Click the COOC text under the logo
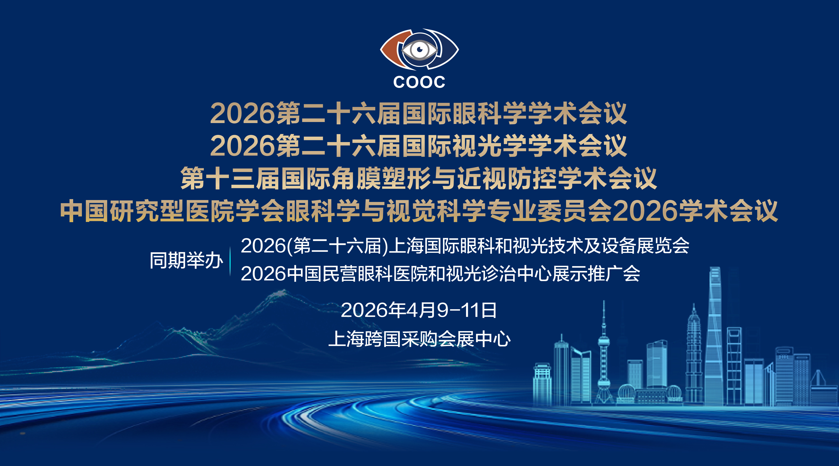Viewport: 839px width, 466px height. (x=419, y=82)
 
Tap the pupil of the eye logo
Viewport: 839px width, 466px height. (x=419, y=49)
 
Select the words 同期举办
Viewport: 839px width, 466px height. (x=186, y=261)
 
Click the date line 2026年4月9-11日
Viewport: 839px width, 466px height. (x=419, y=310)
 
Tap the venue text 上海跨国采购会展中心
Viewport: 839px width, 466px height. (x=419, y=339)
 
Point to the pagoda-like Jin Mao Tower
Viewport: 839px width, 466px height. (x=694, y=355)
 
